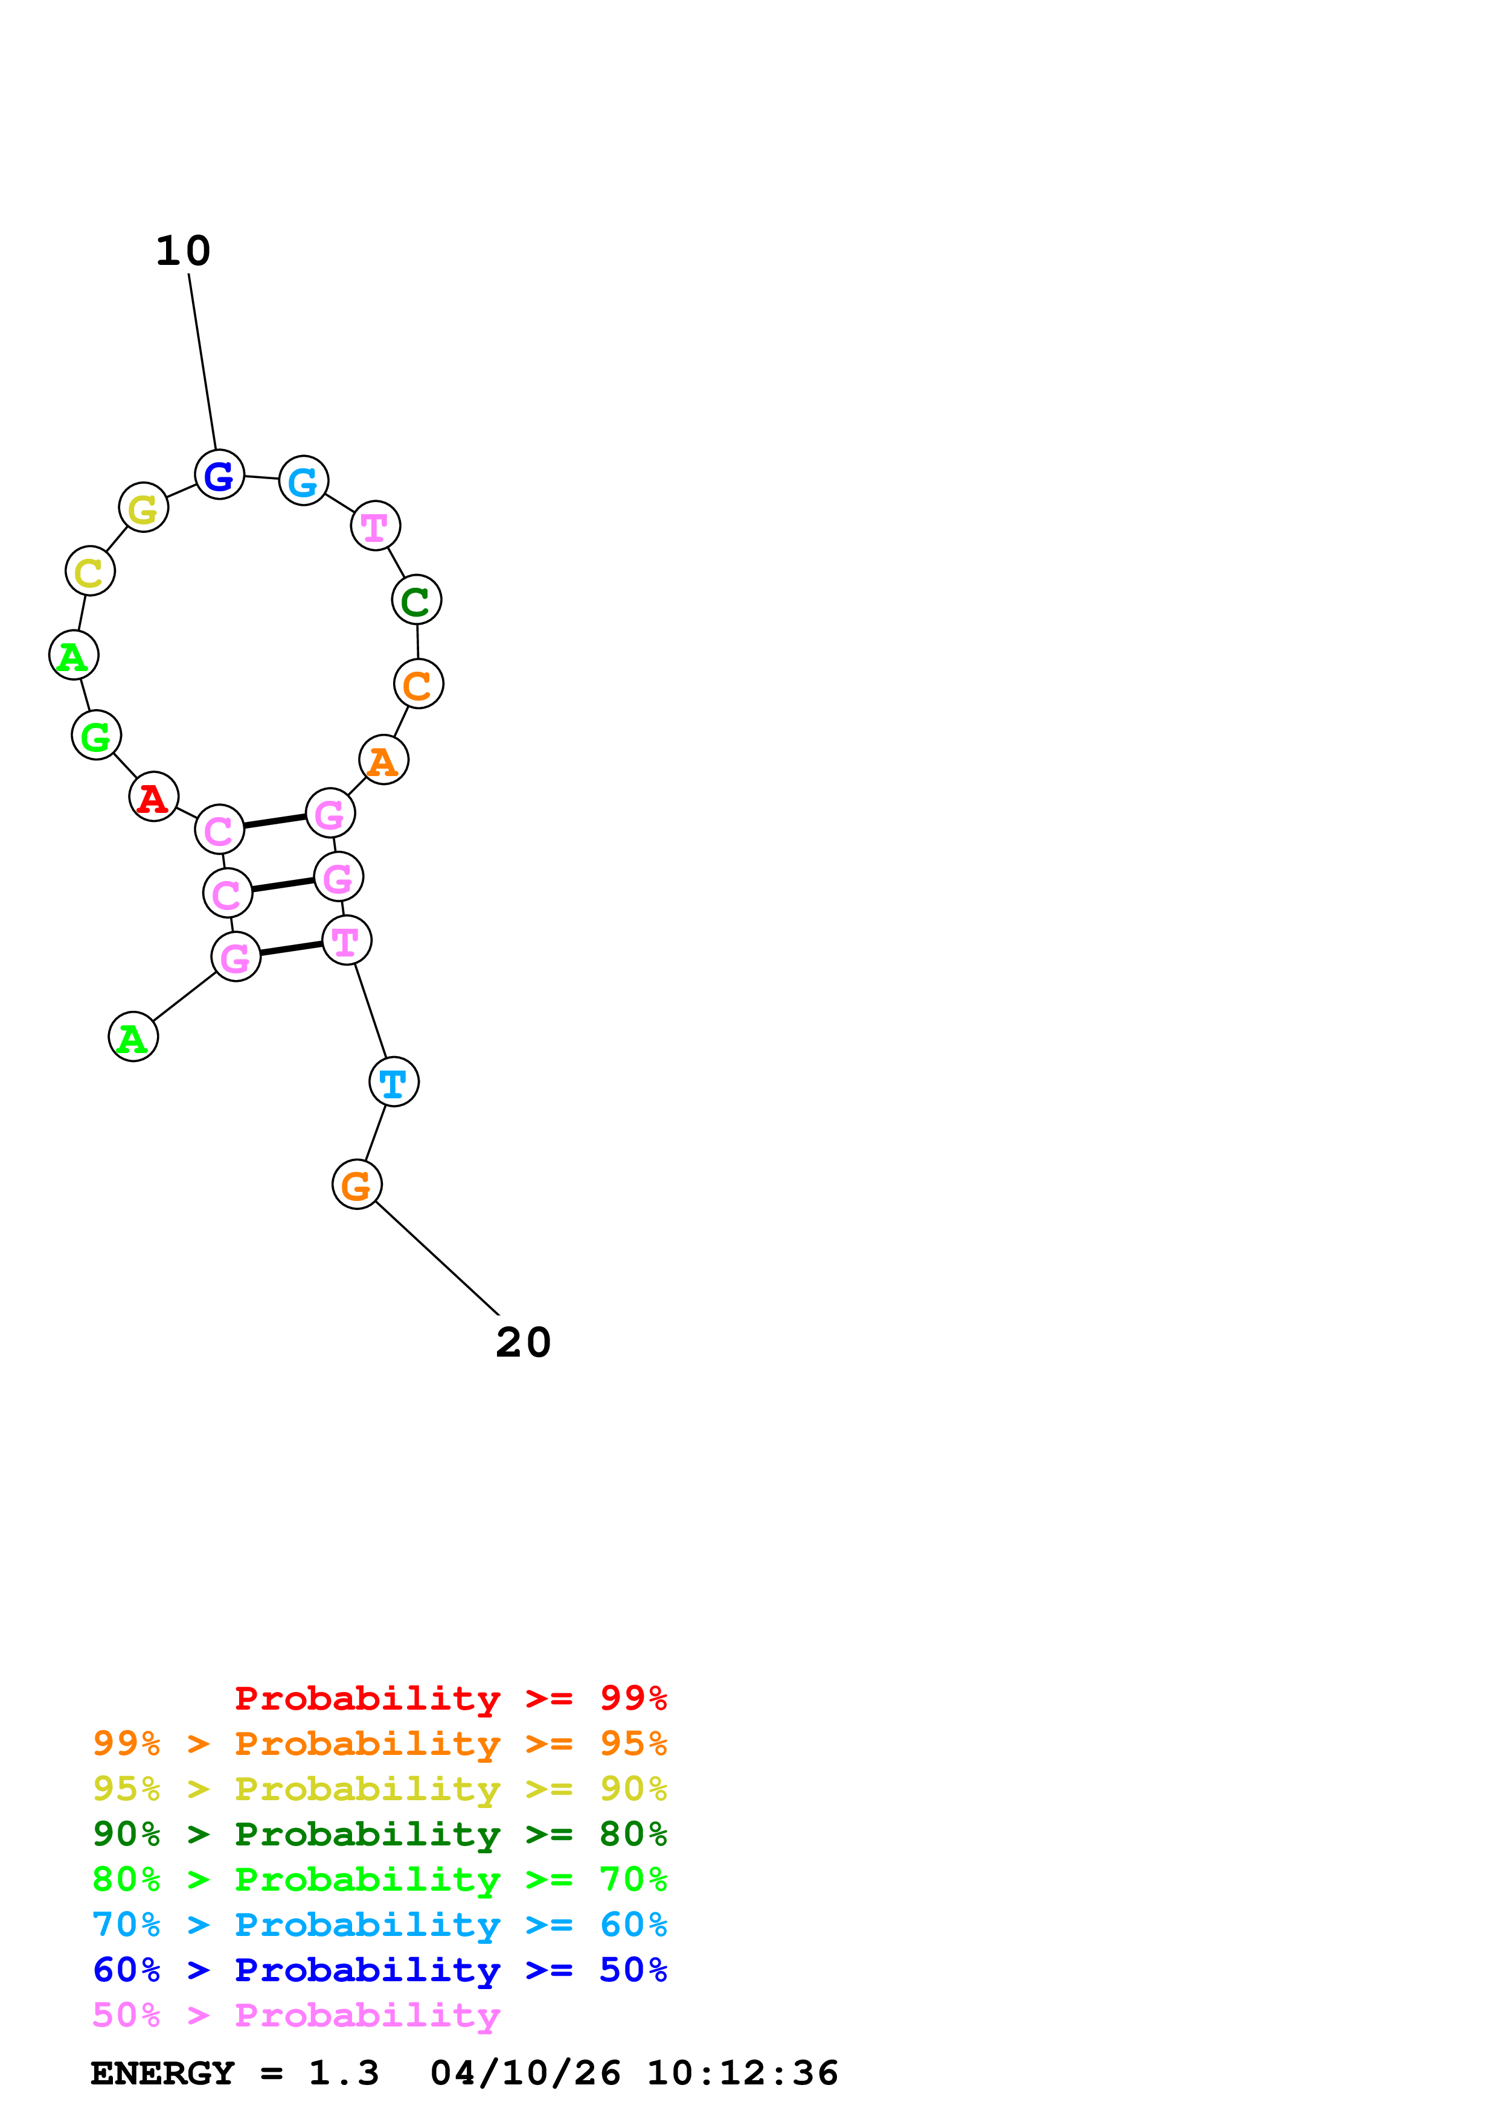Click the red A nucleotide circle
[x=153, y=797]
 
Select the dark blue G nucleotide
[x=220, y=475]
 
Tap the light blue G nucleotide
[x=304, y=480]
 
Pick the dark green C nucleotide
[x=417, y=600]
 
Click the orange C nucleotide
[x=418, y=684]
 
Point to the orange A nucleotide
[x=383, y=760]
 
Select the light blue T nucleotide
[x=394, y=1083]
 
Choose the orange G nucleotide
[x=357, y=1185]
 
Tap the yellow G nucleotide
[x=144, y=507]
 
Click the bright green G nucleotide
[x=96, y=736]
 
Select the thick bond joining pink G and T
[x=290, y=949]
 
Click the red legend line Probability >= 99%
[x=450, y=1698]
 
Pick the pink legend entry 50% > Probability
[x=296, y=2016]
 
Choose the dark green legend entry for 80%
[x=379, y=1834]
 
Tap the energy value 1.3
[x=343, y=2074]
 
